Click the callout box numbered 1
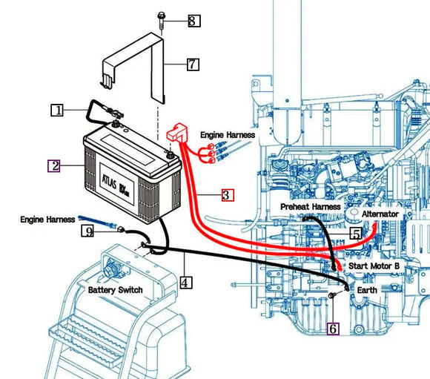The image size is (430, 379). point(57,111)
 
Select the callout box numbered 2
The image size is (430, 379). point(54,165)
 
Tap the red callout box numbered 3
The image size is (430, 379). point(228,195)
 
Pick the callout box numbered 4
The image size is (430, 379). point(186,282)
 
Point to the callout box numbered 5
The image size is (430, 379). point(356,234)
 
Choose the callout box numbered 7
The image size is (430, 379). point(192,65)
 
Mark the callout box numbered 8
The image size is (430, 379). point(193,21)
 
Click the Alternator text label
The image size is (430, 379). point(380,214)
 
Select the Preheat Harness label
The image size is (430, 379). point(311,206)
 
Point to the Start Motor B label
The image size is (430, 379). point(374,265)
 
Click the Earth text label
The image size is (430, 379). point(368,289)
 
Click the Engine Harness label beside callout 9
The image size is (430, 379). point(47,220)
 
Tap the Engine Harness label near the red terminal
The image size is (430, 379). point(228,135)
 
